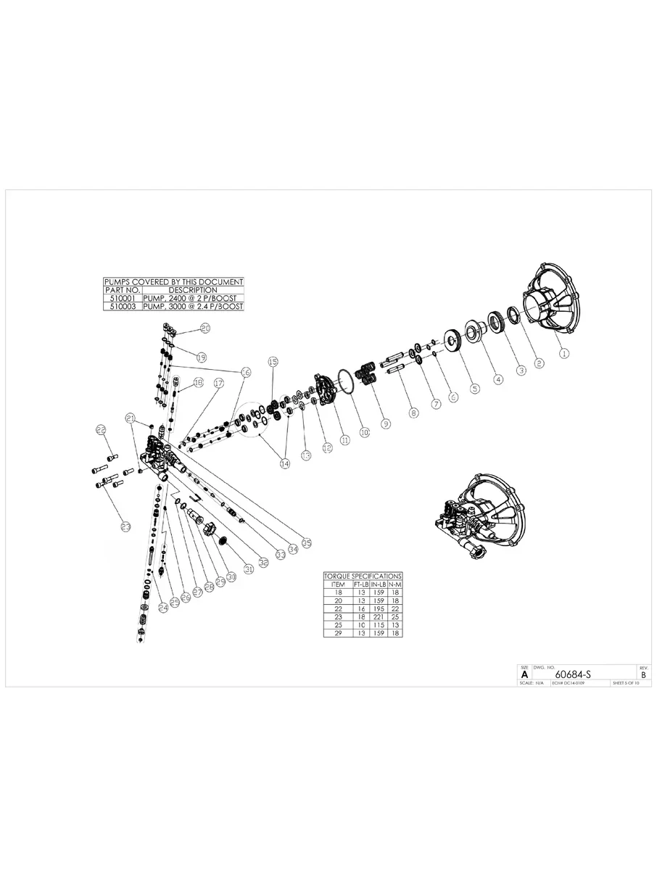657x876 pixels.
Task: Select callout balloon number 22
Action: click(102, 430)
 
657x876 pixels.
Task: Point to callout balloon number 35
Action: click(307, 542)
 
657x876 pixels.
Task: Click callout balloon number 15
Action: click(273, 361)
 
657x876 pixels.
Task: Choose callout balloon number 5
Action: click(474, 389)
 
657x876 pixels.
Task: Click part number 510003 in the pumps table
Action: click(117, 307)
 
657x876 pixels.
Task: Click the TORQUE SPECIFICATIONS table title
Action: click(363, 576)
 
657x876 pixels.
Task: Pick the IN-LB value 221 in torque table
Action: click(378, 616)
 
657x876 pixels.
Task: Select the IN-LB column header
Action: click(378, 584)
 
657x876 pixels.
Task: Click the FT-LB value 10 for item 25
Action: click(360, 624)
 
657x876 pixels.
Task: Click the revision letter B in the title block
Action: click(642, 674)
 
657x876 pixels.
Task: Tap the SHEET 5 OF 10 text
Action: click(626, 683)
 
